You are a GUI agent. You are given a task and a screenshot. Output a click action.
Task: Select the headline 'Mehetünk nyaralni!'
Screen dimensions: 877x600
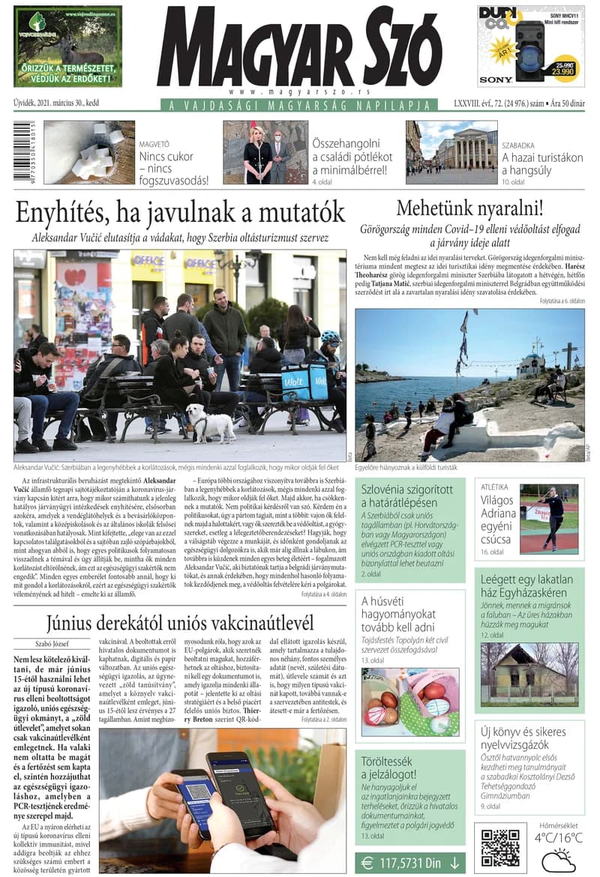pyautogui.click(x=469, y=208)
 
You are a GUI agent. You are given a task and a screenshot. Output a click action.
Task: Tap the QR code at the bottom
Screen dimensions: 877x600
pyautogui.click(x=500, y=847)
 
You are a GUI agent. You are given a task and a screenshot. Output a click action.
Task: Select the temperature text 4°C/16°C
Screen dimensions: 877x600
pyautogui.click(x=558, y=837)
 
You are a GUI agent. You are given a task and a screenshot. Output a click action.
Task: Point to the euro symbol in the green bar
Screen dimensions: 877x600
pyautogui.click(x=367, y=863)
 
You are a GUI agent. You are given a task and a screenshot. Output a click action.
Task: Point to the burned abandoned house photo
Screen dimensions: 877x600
pyautogui.click(x=529, y=671)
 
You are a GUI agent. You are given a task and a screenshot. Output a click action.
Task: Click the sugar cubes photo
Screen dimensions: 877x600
pyautogui.click(x=89, y=152)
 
